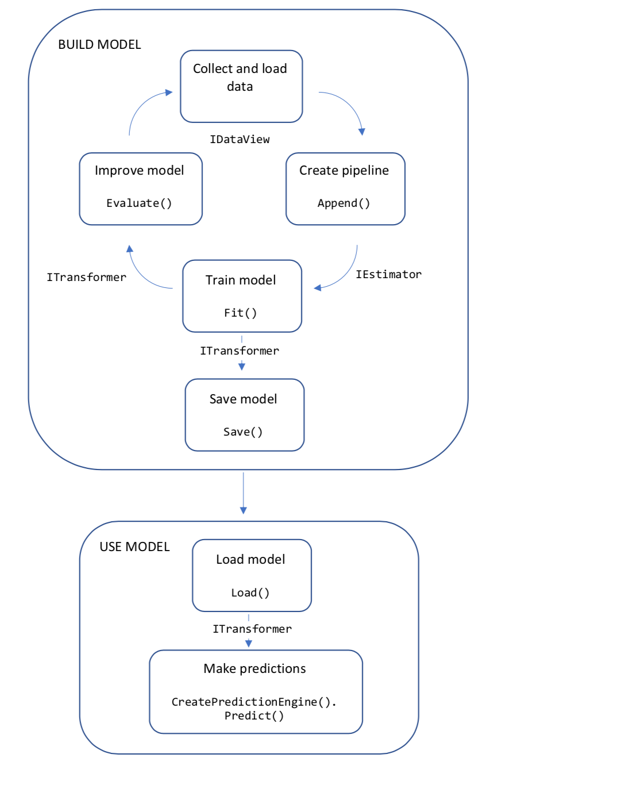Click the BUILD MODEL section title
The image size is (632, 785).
tap(99, 45)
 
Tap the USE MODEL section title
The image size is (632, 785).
tap(134, 547)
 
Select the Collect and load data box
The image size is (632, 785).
tap(241, 86)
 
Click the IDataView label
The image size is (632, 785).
tap(240, 140)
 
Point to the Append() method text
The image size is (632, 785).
tap(344, 203)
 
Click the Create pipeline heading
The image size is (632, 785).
tap(344, 171)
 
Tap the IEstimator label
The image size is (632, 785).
tap(388, 275)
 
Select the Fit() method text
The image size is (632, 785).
tap(240, 313)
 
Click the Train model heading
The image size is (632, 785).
tap(241, 280)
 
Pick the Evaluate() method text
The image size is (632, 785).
tap(139, 203)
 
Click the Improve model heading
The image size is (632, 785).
tap(139, 171)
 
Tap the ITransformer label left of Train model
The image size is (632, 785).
tap(86, 278)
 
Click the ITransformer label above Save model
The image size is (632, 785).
tap(240, 351)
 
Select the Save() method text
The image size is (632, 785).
tap(243, 432)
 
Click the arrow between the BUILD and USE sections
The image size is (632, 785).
tap(244, 492)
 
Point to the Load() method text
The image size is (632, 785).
tap(251, 593)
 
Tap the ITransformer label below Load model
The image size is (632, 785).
tap(252, 629)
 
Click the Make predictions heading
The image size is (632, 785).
tap(255, 669)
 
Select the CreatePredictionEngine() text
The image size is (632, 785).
tap(253, 702)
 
